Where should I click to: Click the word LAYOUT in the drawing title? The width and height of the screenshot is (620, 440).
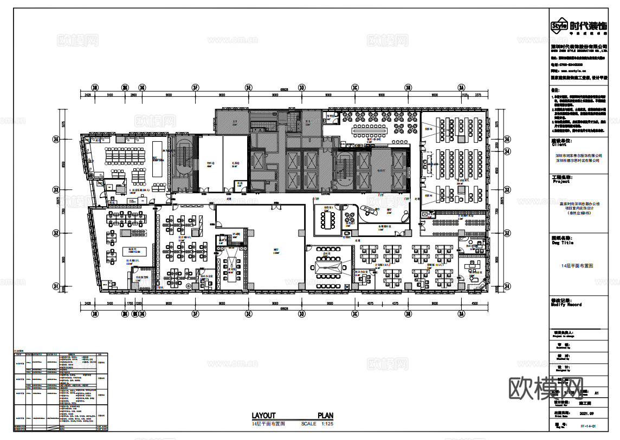tap(263, 416)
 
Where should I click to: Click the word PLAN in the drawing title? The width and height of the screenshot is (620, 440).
tap(326, 416)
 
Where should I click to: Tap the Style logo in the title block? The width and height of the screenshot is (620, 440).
tap(559, 25)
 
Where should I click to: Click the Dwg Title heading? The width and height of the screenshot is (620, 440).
tap(563, 242)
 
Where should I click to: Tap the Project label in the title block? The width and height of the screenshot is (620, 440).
tap(561, 181)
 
